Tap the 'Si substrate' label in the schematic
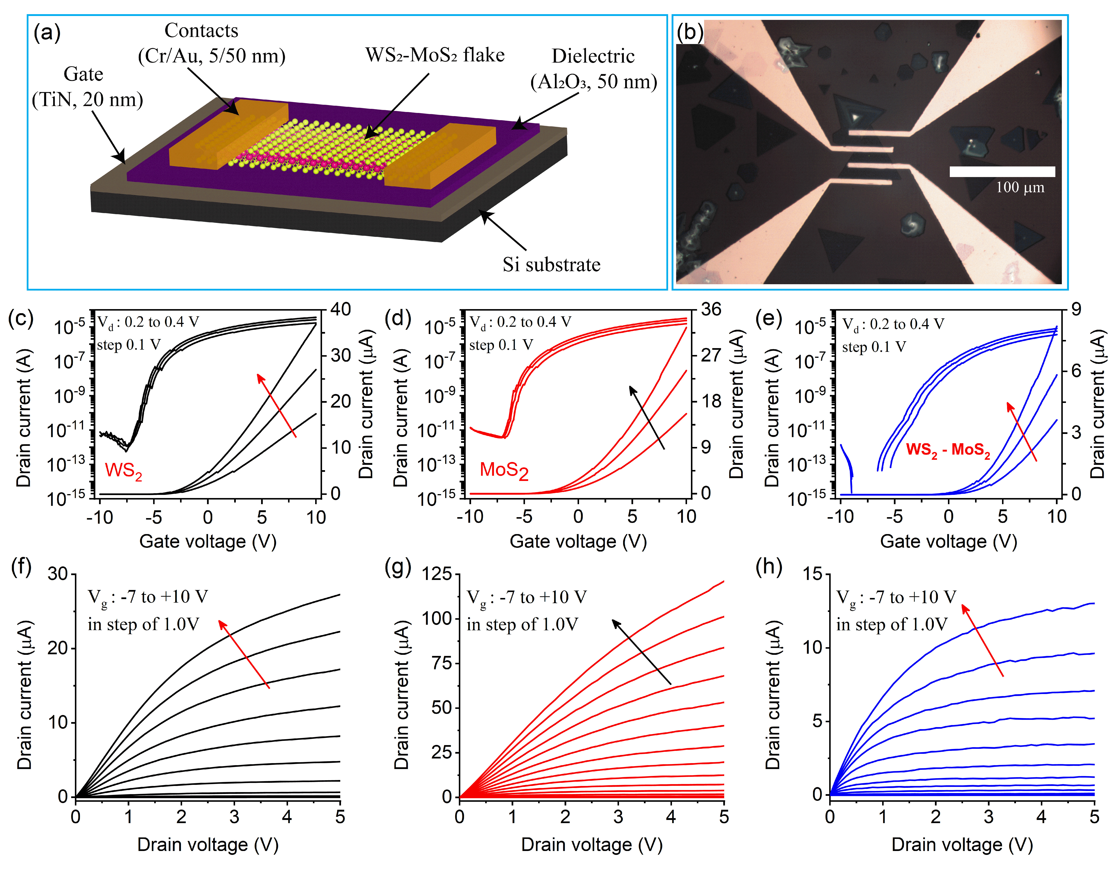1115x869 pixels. (x=551, y=264)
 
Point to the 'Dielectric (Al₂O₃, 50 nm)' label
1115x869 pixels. (x=593, y=69)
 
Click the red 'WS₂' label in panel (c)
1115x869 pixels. (x=123, y=471)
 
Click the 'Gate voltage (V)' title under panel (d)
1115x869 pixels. (x=578, y=541)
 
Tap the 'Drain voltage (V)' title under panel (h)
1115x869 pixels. (x=962, y=844)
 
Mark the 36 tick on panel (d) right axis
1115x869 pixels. (x=711, y=309)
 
